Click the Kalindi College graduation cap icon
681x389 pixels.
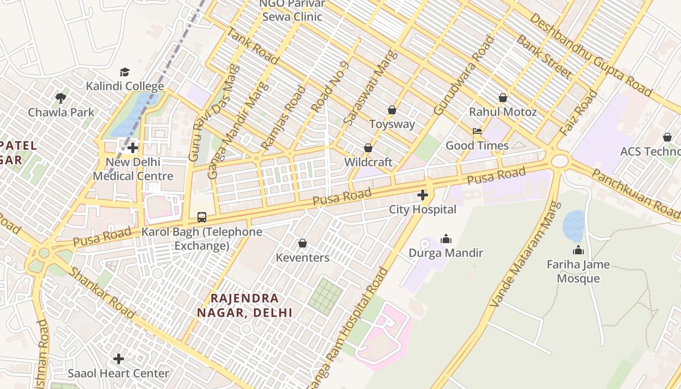(x=125, y=72)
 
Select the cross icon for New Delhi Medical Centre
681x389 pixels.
(x=132, y=148)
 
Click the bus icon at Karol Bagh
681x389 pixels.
(x=201, y=217)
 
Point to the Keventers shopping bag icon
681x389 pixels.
(x=302, y=243)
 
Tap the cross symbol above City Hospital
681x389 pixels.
(x=422, y=195)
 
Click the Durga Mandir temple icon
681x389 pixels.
(x=446, y=239)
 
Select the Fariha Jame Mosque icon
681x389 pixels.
(x=578, y=250)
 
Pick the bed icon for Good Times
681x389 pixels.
(x=477, y=131)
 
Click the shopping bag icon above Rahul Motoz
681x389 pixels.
(x=502, y=98)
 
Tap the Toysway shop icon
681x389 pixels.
(x=392, y=110)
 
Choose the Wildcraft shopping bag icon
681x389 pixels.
(x=368, y=148)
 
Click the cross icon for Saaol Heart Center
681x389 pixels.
(x=118, y=359)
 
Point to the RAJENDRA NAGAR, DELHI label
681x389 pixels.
(x=245, y=305)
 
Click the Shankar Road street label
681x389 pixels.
(x=101, y=293)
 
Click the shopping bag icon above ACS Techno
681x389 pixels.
(x=667, y=138)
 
